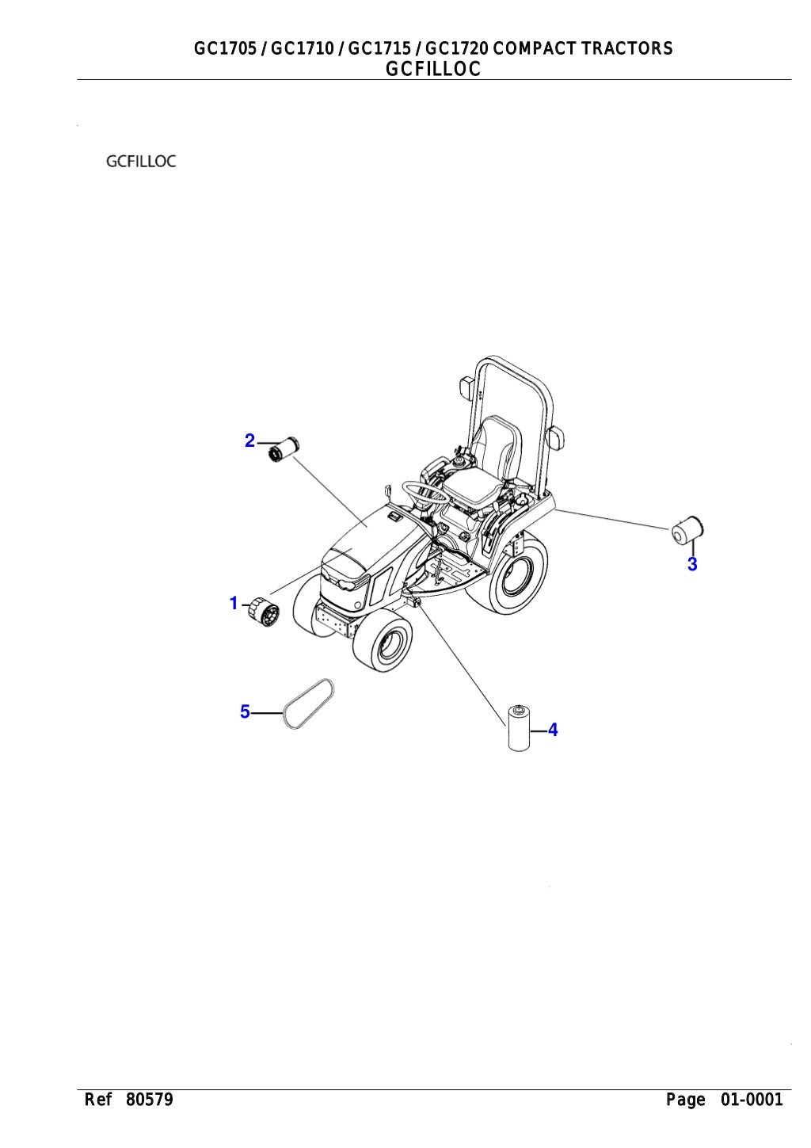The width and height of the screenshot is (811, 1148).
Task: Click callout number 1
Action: (x=234, y=603)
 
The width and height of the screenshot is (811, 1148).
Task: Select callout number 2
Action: (x=249, y=441)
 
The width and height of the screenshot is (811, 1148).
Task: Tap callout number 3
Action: (x=692, y=564)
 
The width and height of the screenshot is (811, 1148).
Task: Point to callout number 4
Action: (x=552, y=730)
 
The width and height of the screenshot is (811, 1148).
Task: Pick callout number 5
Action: (x=245, y=712)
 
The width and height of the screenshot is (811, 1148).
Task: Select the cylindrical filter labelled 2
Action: (x=284, y=448)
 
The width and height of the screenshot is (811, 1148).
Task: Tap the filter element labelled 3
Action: (x=687, y=529)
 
